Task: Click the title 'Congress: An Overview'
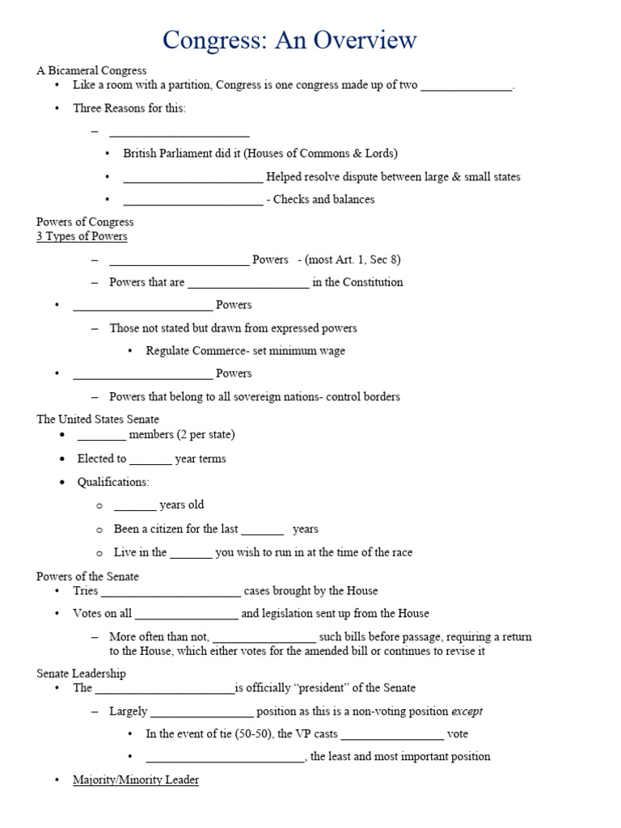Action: tap(289, 39)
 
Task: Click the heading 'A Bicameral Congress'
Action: tap(91, 70)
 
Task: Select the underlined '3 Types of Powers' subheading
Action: tap(82, 236)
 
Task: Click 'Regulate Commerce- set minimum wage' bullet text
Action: tap(245, 351)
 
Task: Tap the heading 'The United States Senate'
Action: tap(98, 419)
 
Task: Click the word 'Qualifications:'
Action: tap(113, 482)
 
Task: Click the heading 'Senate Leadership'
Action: tap(81, 673)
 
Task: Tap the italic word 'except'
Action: tap(467, 711)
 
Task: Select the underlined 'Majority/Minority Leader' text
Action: tap(136, 779)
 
